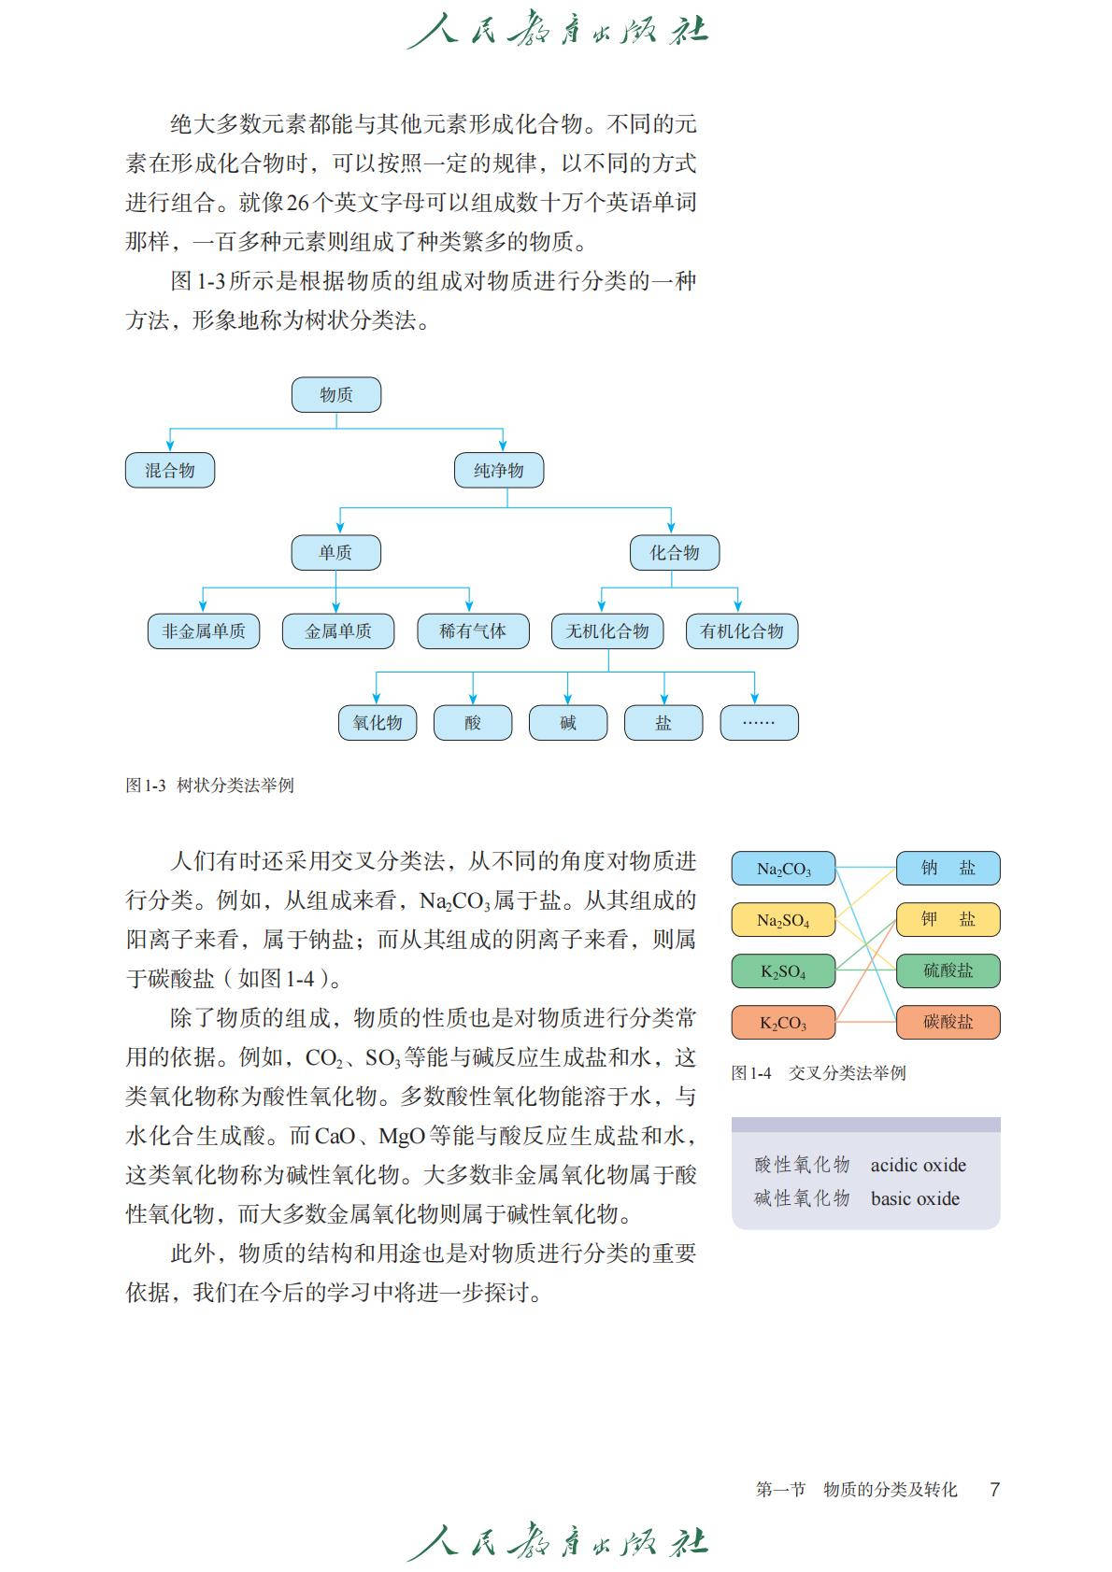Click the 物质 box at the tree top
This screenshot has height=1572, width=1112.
pyautogui.click(x=335, y=394)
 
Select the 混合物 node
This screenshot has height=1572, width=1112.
pyautogui.click(x=170, y=470)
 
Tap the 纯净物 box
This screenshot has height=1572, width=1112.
pyautogui.click(x=499, y=470)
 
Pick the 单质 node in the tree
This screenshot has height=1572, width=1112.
pyautogui.click(x=335, y=552)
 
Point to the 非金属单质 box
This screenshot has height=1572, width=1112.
pyautogui.click(x=204, y=631)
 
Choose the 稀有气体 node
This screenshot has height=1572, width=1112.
pyautogui.click(x=473, y=631)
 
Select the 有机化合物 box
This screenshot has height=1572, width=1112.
pyautogui.click(x=742, y=631)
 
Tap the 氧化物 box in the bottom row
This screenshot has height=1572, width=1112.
pyautogui.click(x=378, y=722)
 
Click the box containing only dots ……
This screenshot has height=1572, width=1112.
pyautogui.click(x=759, y=722)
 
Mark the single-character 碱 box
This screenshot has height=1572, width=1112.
pyautogui.click(x=568, y=722)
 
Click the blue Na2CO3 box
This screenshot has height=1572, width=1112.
pyautogui.click(x=783, y=869)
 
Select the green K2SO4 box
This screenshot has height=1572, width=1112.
pyautogui.click(x=783, y=971)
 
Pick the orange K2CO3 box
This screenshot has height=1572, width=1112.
pyautogui.click(x=783, y=1022)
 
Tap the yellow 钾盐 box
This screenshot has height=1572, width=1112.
pyautogui.click(x=948, y=919)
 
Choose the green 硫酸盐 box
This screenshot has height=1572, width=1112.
pyautogui.click(x=948, y=970)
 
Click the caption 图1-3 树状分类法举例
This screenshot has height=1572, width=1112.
pyautogui.click(x=209, y=786)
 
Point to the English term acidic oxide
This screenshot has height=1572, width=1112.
pyautogui.click(x=918, y=1165)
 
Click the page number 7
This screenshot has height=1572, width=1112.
pyautogui.click(x=994, y=1489)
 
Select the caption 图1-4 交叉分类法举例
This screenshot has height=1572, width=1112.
pyautogui.click(x=818, y=1072)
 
